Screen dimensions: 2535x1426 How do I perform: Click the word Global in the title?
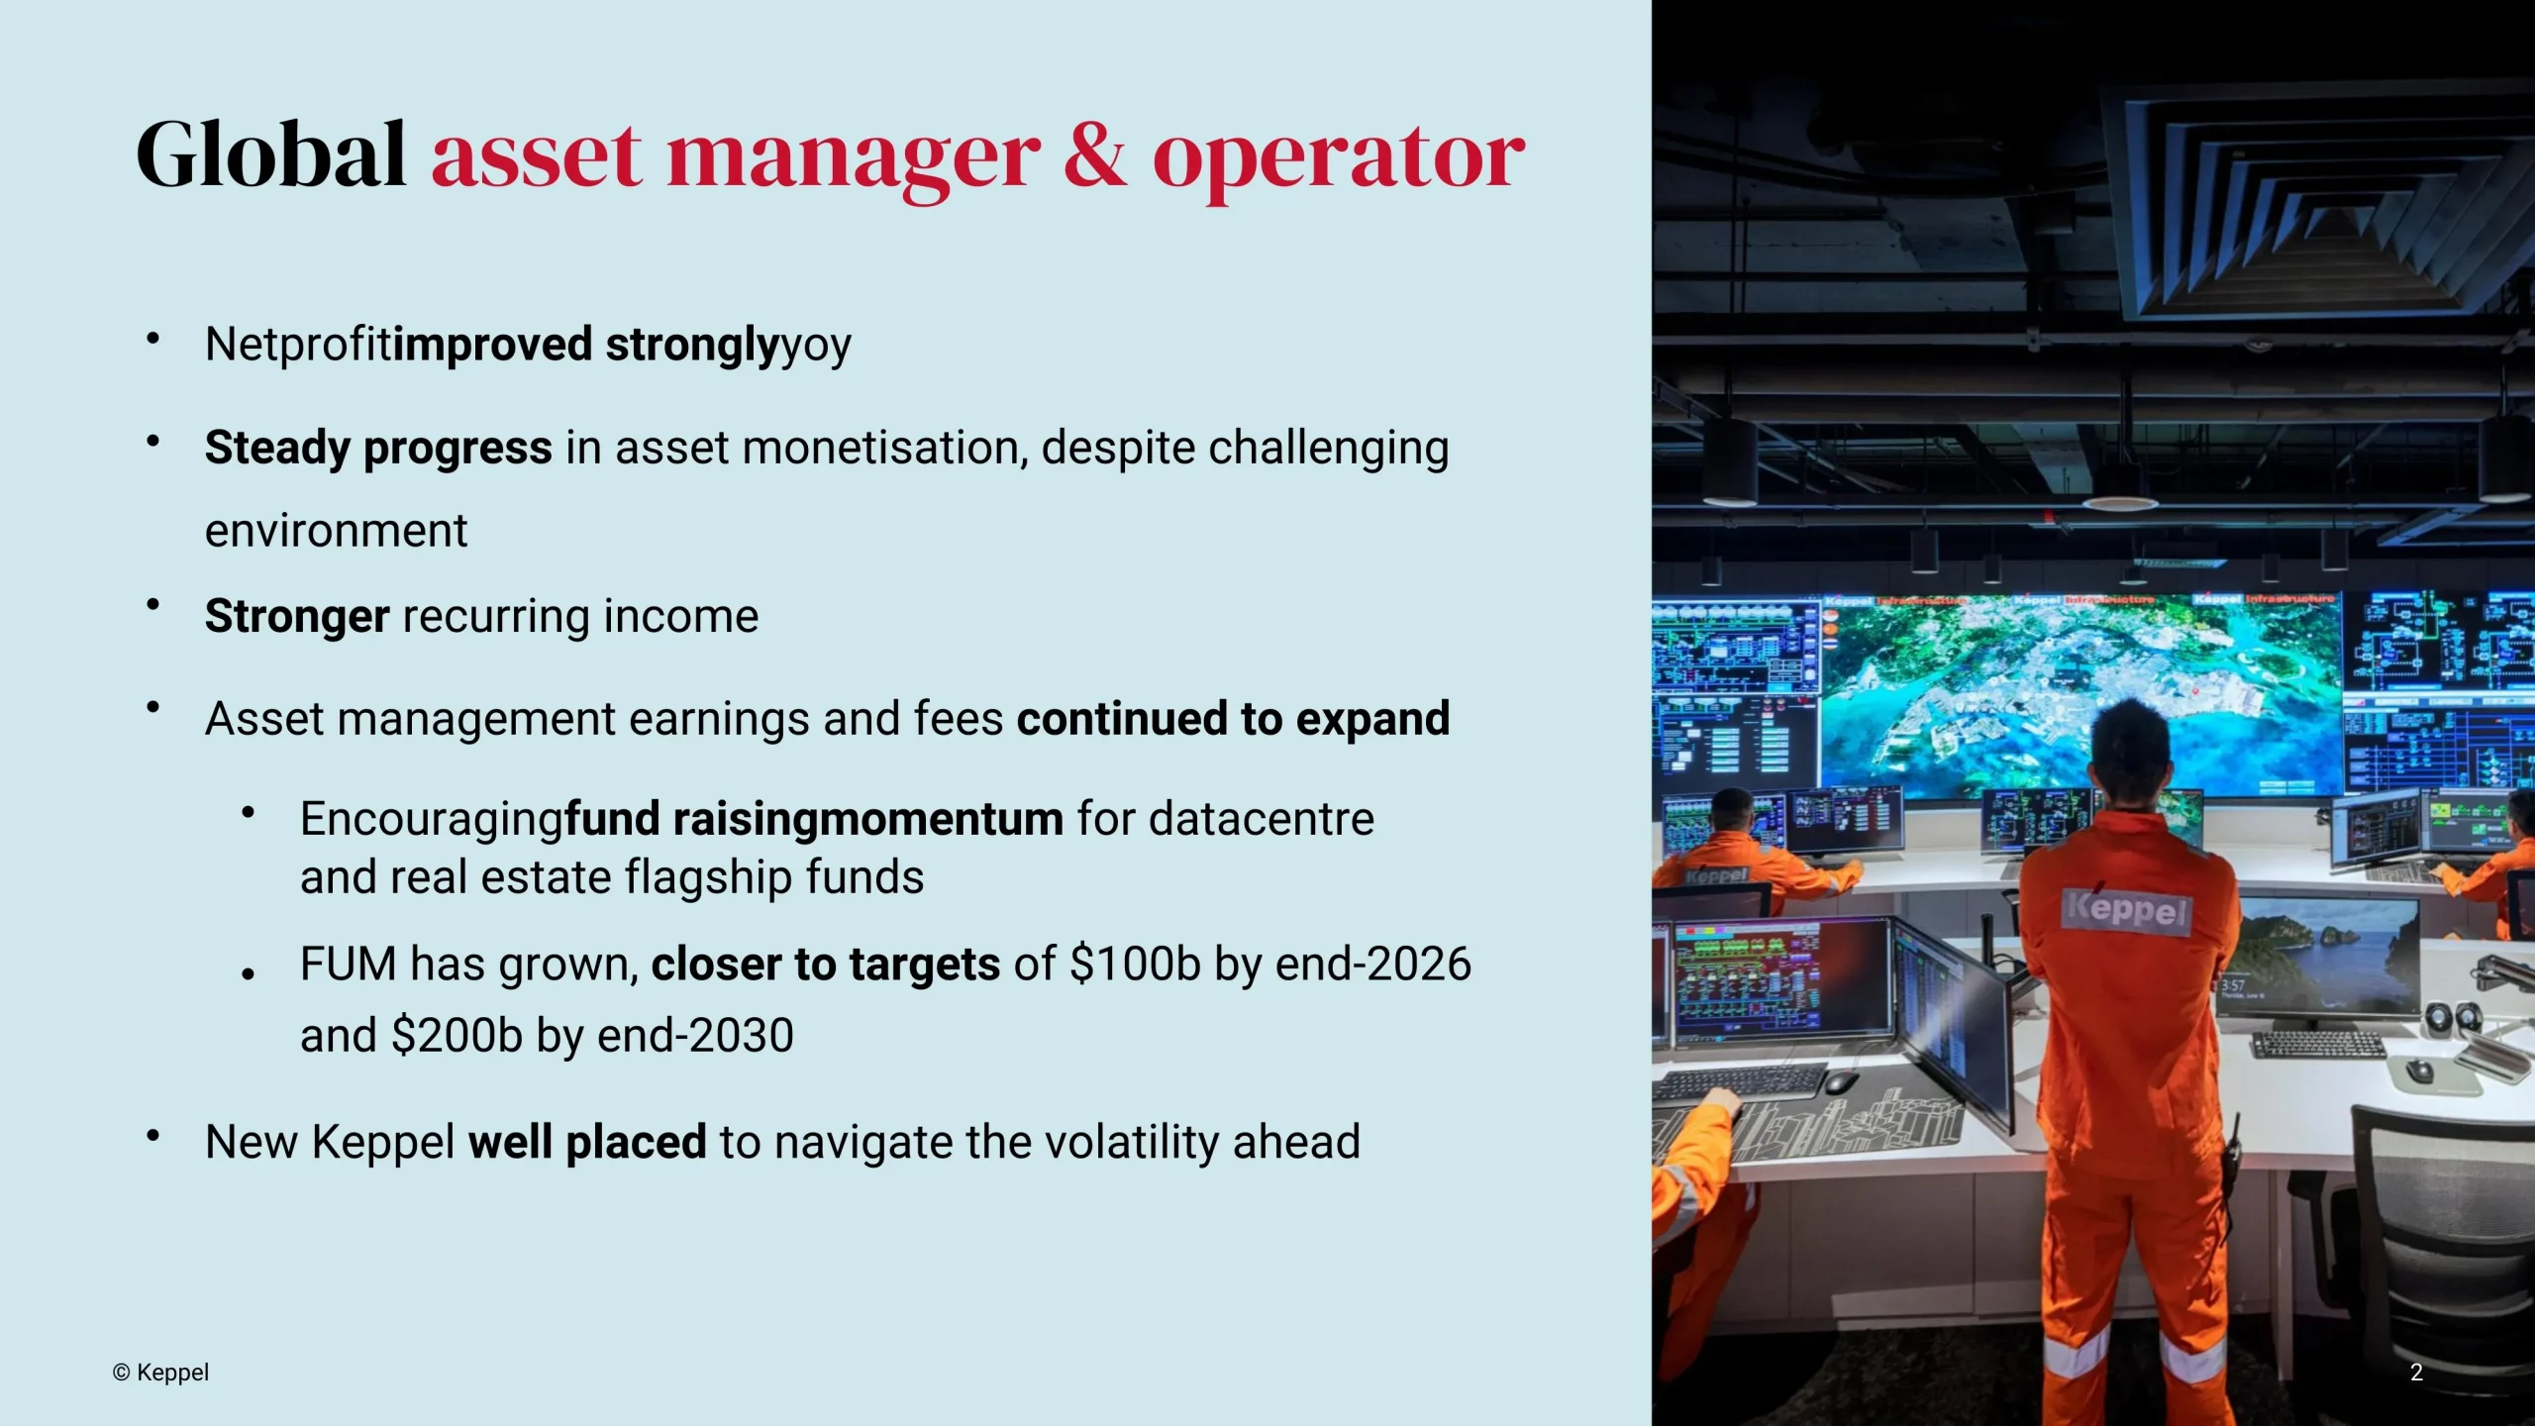click(270, 154)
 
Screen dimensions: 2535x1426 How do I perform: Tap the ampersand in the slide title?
click(1094, 154)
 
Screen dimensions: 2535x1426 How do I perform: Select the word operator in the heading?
click(1339, 158)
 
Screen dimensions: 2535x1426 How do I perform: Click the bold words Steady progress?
click(378, 448)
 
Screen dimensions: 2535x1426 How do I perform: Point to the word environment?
click(336, 531)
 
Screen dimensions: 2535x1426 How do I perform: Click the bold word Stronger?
click(297, 616)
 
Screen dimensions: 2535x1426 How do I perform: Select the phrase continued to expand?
click(1233, 719)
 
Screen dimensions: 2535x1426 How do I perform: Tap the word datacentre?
click(1262, 819)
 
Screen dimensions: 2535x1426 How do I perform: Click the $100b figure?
click(1135, 964)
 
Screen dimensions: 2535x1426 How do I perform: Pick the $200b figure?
click(456, 1035)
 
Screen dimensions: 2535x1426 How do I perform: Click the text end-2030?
click(696, 1035)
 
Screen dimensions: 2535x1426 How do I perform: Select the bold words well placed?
click(587, 1142)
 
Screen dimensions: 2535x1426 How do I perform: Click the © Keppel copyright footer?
click(160, 1373)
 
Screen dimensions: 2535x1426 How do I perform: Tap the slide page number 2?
click(2416, 1373)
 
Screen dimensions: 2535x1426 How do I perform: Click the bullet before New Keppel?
click(152, 1136)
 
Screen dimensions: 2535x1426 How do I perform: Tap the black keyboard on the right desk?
click(2319, 1044)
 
